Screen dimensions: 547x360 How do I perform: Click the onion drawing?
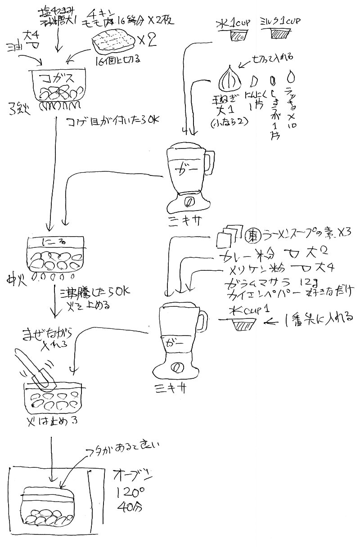coord(229,78)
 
